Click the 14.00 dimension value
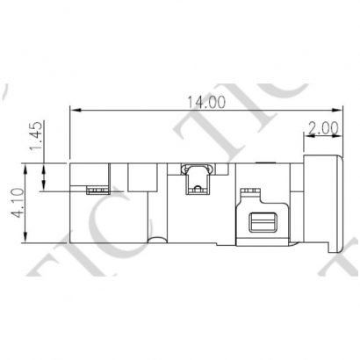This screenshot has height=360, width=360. pos(205,101)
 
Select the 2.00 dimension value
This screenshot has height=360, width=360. pos(323,127)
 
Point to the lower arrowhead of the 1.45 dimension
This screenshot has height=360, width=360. pos(47,187)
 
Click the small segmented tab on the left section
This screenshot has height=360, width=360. pos(96,188)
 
